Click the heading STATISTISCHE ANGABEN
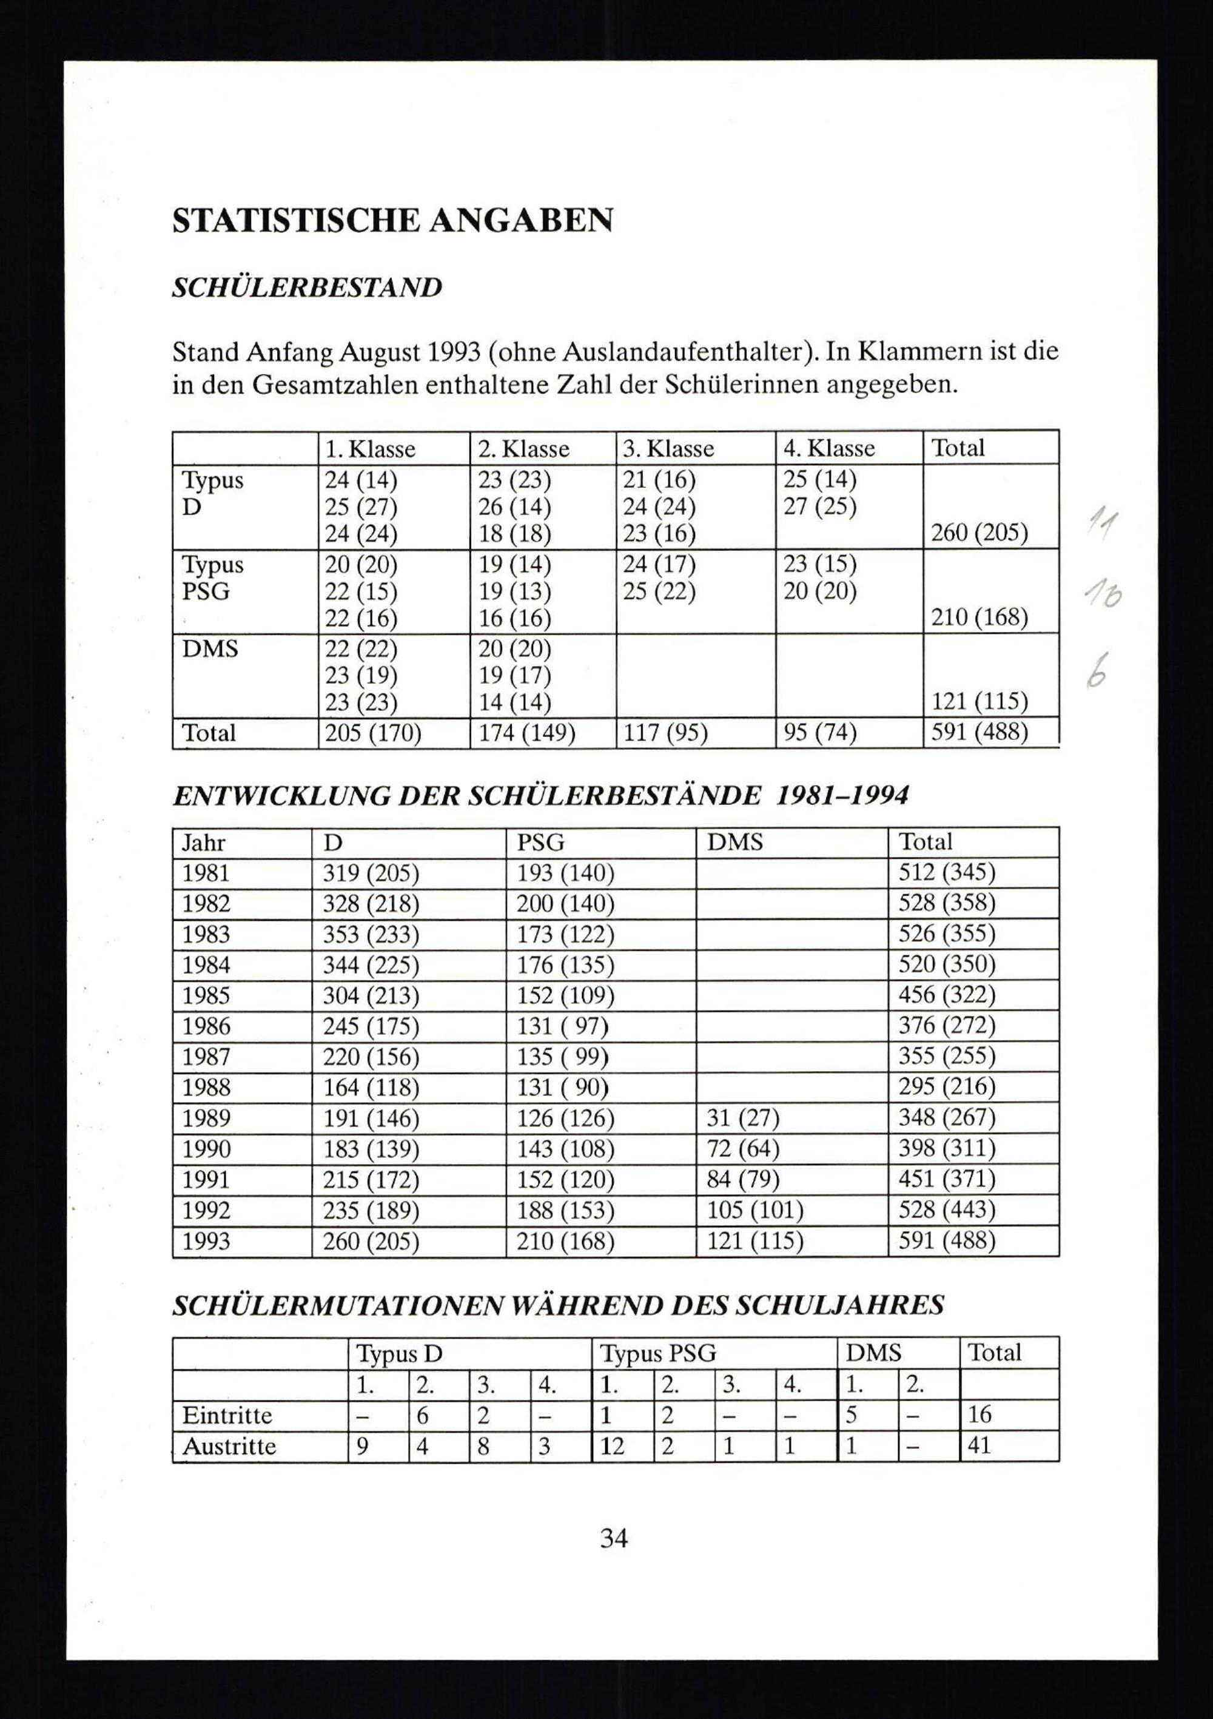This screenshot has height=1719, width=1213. [x=392, y=221]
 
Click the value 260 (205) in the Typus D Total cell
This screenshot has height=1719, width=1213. [x=979, y=533]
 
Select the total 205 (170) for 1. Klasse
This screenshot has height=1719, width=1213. [x=373, y=732]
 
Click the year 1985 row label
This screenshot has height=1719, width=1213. [x=206, y=996]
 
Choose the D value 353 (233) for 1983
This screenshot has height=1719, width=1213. [x=371, y=934]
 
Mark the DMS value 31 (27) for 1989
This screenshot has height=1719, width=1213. [x=743, y=1119]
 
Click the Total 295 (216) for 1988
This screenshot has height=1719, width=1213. [x=946, y=1087]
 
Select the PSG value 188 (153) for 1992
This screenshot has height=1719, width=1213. [x=565, y=1211]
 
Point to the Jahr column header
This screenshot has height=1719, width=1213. [x=204, y=843]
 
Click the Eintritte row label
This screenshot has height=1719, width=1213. [x=227, y=1415]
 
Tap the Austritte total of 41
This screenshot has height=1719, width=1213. [x=979, y=1445]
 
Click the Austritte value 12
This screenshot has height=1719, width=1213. [x=612, y=1445]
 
